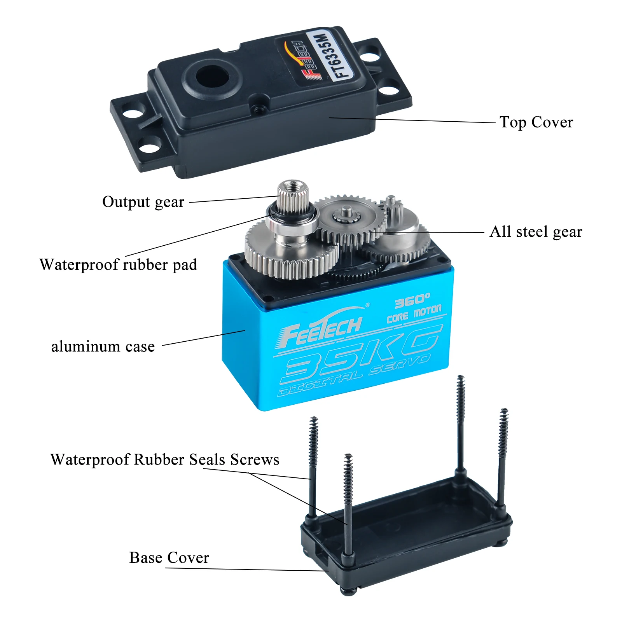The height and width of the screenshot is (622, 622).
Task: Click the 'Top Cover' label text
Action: coord(536,122)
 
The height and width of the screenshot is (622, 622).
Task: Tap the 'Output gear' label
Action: coord(143,202)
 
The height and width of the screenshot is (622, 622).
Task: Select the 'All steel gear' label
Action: coord(535,232)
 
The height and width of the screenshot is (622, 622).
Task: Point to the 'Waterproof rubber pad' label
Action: coord(118,265)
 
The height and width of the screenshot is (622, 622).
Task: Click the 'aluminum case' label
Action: coord(103,346)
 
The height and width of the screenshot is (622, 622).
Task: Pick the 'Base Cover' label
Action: coord(169,558)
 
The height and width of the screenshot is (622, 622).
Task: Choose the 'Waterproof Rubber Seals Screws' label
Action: coord(164,460)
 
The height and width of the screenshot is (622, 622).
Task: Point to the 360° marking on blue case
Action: coord(412,301)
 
